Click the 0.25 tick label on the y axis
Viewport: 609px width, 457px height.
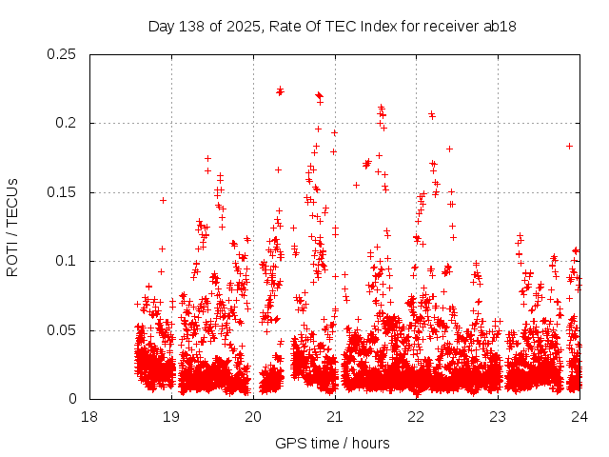click(64, 54)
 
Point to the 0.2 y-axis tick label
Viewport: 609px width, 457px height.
click(68, 124)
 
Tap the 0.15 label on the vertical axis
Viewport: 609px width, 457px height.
click(64, 192)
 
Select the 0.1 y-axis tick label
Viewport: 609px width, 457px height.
click(68, 262)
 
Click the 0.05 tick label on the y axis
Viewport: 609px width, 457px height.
click(64, 330)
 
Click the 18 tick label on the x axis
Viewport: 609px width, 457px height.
click(89, 416)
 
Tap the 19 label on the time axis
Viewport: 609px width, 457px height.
click(171, 416)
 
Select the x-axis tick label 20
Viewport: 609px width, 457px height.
click(253, 416)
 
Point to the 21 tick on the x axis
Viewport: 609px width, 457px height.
click(335, 416)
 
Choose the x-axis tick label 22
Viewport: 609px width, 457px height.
click(417, 416)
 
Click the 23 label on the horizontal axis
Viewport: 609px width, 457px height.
click(498, 416)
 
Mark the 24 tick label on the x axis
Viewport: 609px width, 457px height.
click(580, 416)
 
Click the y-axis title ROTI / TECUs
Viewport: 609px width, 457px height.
click(12, 227)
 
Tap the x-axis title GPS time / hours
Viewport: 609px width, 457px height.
click(332, 443)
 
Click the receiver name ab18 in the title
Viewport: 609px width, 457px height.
click(501, 26)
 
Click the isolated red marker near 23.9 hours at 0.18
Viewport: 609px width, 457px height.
click(569, 146)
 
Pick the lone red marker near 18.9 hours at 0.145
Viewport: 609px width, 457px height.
click(163, 200)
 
